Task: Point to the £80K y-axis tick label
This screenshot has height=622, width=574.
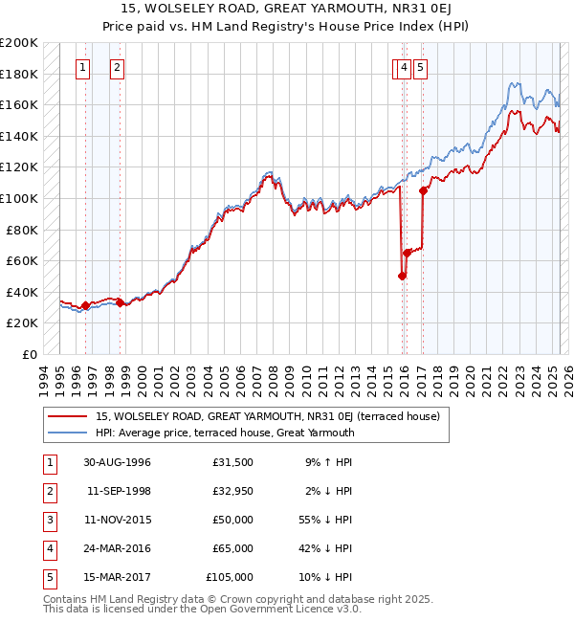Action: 22,230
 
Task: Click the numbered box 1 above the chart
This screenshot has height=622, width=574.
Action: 84,67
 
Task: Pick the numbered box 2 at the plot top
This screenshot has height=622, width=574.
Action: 117,67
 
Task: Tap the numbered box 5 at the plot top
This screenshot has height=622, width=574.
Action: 421,67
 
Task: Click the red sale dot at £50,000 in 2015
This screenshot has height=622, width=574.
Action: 402,277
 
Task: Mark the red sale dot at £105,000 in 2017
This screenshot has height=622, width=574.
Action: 423,190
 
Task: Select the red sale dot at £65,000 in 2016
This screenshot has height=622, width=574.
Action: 408,253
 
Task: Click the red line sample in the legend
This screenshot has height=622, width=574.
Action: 67,417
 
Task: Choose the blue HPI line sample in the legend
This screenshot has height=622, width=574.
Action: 67,433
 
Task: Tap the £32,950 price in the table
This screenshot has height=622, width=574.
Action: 232,491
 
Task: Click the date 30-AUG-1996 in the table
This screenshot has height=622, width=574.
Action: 117,462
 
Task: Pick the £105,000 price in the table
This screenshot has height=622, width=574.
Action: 230,577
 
